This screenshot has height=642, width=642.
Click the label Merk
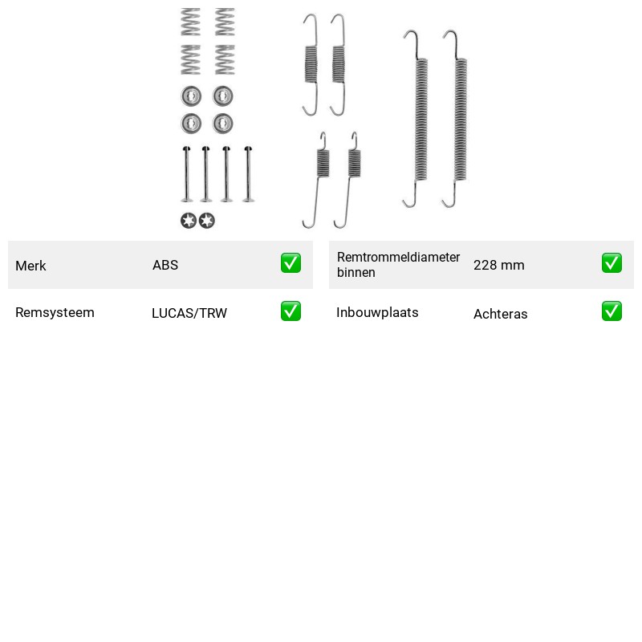pyautogui.click(x=30, y=266)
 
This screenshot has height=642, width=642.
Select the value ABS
pyautogui.click(x=165, y=265)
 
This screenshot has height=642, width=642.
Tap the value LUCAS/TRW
pyautogui.click(x=189, y=313)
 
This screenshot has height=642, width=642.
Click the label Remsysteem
pyautogui.click(x=55, y=312)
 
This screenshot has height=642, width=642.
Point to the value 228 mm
pyautogui.click(x=498, y=265)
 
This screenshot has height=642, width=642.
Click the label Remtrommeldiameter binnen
pyautogui.click(x=398, y=265)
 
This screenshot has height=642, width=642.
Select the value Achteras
pyautogui.click(x=500, y=314)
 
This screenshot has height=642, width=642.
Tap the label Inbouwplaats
pyautogui.click(x=377, y=312)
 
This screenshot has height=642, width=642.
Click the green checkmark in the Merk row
pyautogui.click(x=291, y=263)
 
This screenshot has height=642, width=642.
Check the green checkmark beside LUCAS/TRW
pyautogui.click(x=291, y=311)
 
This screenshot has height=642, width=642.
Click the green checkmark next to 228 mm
pyautogui.click(x=612, y=263)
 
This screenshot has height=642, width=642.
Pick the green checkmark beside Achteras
pyautogui.click(x=612, y=311)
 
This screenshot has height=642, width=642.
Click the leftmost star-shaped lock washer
pyautogui.click(x=189, y=221)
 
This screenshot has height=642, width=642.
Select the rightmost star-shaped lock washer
pyautogui.click(x=207, y=221)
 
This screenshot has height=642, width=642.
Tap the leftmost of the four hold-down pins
pyautogui.click(x=187, y=174)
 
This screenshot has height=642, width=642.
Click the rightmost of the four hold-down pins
pyautogui.click(x=248, y=174)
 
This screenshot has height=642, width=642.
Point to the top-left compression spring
pyautogui.click(x=191, y=22)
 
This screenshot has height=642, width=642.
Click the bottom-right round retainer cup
pyautogui.click(x=223, y=124)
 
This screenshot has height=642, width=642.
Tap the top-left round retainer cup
pyautogui.click(x=191, y=95)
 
